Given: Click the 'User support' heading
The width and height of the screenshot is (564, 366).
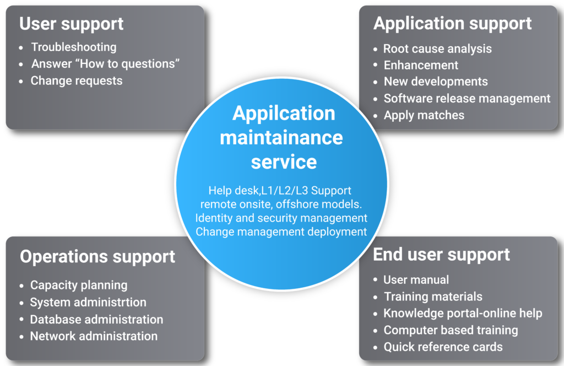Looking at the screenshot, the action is pos(71,24).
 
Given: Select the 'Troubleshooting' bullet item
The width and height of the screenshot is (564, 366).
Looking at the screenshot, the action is pos(74,47).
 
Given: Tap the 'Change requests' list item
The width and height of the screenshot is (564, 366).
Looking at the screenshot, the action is pos(76,81).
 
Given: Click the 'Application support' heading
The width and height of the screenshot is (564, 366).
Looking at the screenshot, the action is pos(453,24).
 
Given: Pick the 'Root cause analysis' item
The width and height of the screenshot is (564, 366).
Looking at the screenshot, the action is pos(437,49).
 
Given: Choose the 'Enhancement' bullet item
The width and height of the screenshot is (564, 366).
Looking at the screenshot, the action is pos(421,65).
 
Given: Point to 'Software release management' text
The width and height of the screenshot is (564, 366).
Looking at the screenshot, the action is pos(467,98).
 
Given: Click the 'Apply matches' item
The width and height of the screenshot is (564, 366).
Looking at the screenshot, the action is pos(424,115).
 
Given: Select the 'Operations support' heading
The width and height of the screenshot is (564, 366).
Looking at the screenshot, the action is pos(97,257).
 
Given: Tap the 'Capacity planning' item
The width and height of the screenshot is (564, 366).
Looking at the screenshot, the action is pos(79,286).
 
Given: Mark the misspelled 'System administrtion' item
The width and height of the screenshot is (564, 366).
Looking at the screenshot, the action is pos(88,302).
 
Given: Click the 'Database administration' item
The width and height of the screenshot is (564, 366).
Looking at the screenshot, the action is pos(96,319).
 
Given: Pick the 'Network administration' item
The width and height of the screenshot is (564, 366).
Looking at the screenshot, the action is pos(94,336).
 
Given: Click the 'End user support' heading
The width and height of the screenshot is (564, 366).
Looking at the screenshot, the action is pos(441,255).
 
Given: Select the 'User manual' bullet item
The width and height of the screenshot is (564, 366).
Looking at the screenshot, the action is pos(416,279).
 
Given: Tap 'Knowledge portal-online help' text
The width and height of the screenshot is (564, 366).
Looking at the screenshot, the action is pos(463,314).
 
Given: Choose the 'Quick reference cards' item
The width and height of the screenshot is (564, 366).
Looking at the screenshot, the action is pos(443,347).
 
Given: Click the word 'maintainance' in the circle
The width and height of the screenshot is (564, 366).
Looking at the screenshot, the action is pos(281,138).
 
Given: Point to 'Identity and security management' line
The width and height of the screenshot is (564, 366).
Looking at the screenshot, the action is pos(281,218).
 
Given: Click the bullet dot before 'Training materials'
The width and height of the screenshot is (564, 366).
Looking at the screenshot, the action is pos(376,297).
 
